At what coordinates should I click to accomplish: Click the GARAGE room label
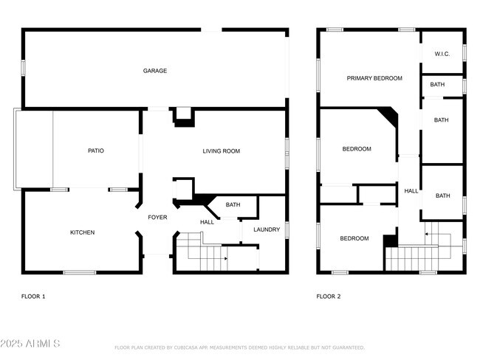coord(155,72)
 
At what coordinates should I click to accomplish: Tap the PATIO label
coord(96,151)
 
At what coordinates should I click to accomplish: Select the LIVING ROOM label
coord(222,151)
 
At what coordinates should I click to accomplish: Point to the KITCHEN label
coord(82,233)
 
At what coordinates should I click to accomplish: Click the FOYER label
coord(157,218)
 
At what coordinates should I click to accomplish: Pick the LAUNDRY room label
coord(267,229)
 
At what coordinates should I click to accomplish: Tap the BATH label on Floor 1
coord(233,205)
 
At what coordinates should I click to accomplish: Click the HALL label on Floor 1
coord(207,222)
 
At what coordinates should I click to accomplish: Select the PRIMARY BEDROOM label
coord(374,78)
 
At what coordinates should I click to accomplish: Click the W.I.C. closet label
coord(442,54)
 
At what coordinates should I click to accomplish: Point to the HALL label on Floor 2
coord(411,191)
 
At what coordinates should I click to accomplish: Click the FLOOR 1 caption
coord(33,297)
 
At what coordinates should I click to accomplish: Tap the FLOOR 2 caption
coord(329,297)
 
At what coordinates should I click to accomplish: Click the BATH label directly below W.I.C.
coord(438,85)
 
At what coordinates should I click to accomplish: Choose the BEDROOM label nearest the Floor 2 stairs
coord(354,238)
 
